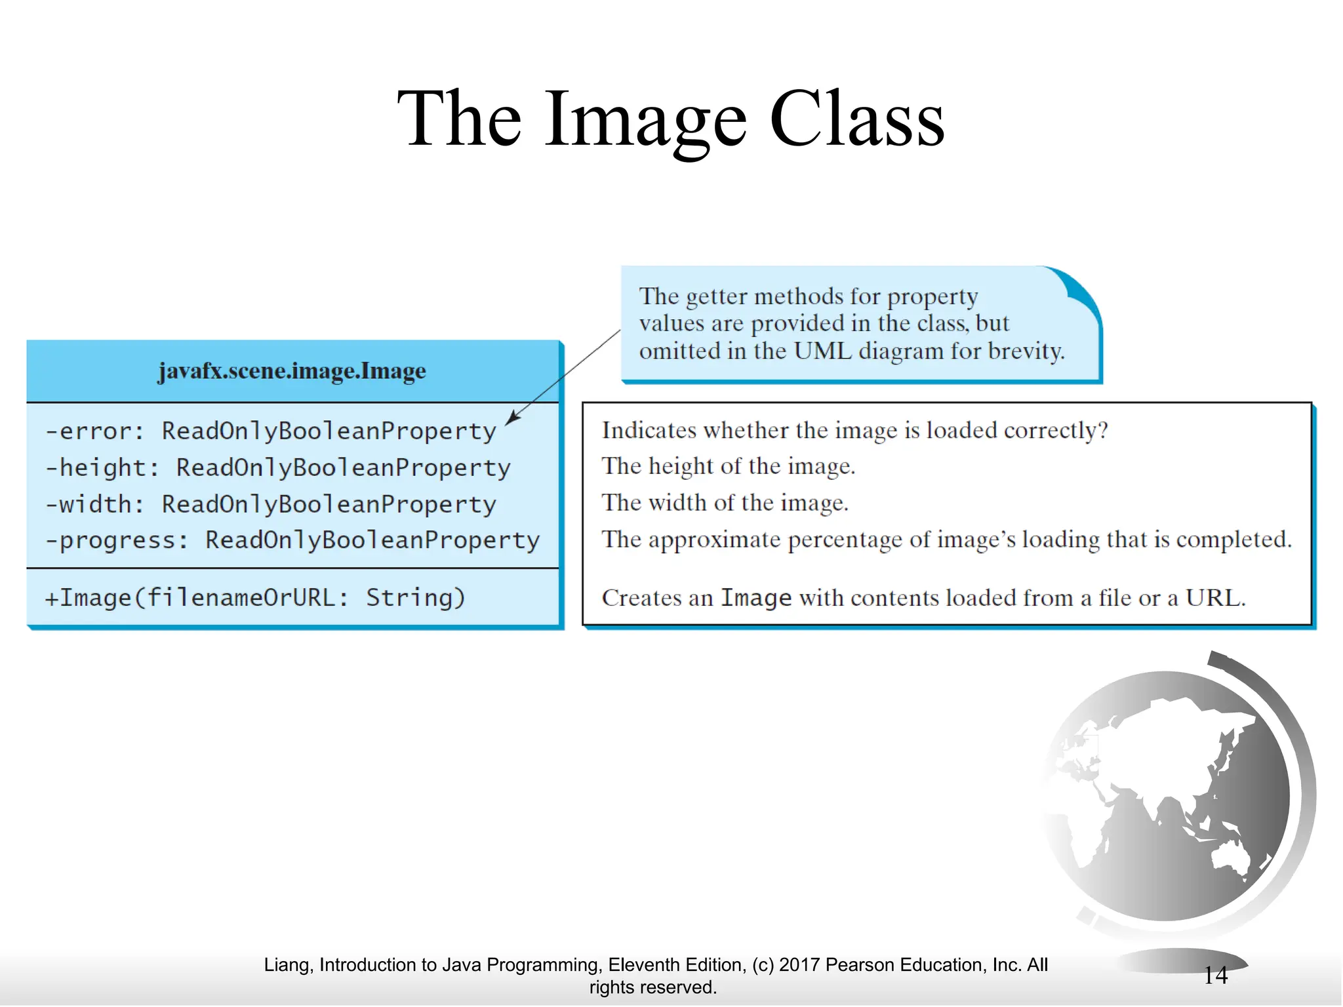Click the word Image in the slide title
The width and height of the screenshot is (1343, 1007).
coord(645,119)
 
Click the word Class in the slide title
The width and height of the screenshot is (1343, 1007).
coord(856,119)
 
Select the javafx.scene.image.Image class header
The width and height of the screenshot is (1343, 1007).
coord(292,371)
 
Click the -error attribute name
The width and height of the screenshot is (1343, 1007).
coord(94,431)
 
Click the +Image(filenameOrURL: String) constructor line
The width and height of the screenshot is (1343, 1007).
coord(255,597)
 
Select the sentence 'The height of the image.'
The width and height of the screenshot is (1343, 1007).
coord(728,466)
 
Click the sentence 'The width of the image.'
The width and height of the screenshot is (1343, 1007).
coord(725,503)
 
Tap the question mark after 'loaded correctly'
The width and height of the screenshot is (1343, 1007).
coord(1102,430)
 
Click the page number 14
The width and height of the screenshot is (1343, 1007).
coord(1215,976)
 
